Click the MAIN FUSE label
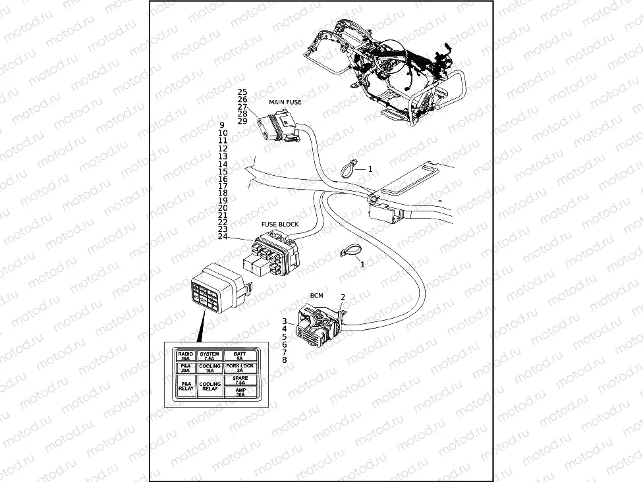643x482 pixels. tap(285, 102)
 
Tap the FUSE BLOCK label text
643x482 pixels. tap(280, 224)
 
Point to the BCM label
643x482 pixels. tap(316, 296)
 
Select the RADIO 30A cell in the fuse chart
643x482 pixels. tap(186, 356)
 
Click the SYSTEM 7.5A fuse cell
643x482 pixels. tap(210, 356)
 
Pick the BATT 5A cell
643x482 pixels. tap(239, 356)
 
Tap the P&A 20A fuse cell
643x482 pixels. tap(186, 368)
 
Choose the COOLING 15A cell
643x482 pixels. tap(210, 368)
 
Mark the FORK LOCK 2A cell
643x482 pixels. tap(239, 368)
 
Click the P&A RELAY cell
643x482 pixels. tap(186, 387)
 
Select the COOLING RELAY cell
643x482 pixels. tap(210, 387)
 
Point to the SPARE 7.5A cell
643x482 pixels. tap(239, 380)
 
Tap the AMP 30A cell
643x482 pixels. tap(239, 392)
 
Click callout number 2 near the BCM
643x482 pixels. tap(343, 298)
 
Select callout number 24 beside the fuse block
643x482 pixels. tap(223, 236)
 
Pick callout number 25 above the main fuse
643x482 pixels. tap(242, 92)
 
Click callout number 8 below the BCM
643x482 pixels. tap(284, 360)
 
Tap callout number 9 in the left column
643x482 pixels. tap(222, 125)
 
